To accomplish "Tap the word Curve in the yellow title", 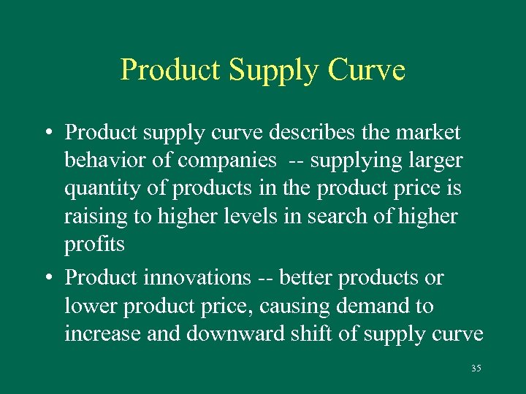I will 367,70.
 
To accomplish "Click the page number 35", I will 476,368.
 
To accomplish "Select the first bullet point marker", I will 46,133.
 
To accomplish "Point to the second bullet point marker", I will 46,279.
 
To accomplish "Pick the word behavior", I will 108,160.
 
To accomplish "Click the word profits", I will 95,244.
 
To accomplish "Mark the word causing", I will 290,306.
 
